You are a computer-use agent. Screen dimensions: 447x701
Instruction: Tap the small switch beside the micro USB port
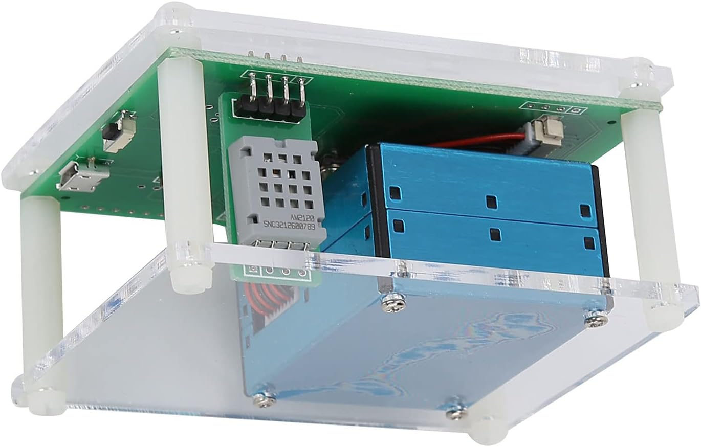[117, 132]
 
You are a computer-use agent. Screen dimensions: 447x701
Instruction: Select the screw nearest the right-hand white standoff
[596, 318]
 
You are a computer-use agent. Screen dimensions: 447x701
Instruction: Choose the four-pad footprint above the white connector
[551, 108]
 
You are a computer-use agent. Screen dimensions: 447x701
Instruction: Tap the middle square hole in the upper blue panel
[491, 202]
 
